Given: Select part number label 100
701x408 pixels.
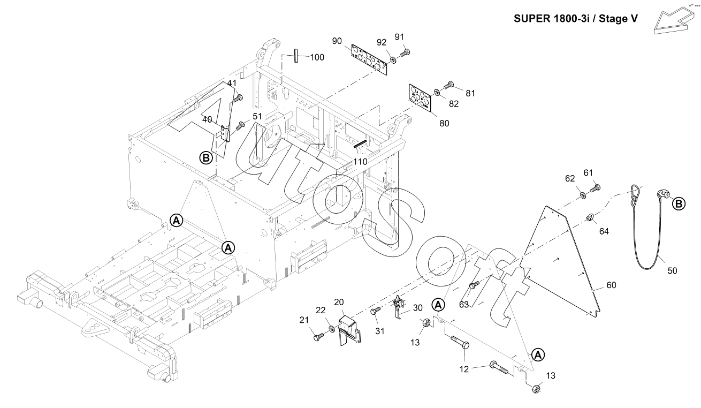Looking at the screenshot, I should [x=317, y=57].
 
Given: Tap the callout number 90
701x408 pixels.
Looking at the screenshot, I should [x=337, y=41].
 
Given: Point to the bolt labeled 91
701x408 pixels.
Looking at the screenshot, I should [x=405, y=52].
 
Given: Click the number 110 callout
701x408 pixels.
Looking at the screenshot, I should [x=360, y=161].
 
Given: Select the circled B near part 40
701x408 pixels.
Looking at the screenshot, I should [x=205, y=157].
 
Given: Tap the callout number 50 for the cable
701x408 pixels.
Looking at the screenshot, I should [x=672, y=271].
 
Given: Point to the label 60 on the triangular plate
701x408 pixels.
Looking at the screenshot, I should [x=611, y=285].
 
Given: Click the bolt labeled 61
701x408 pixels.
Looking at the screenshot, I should [x=596, y=188].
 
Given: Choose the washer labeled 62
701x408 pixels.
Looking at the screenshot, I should [x=582, y=192].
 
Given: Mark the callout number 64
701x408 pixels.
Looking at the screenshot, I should [x=604, y=231].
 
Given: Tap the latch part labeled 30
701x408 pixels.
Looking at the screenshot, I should [x=399, y=308].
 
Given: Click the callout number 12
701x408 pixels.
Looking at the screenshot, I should [x=464, y=369].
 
